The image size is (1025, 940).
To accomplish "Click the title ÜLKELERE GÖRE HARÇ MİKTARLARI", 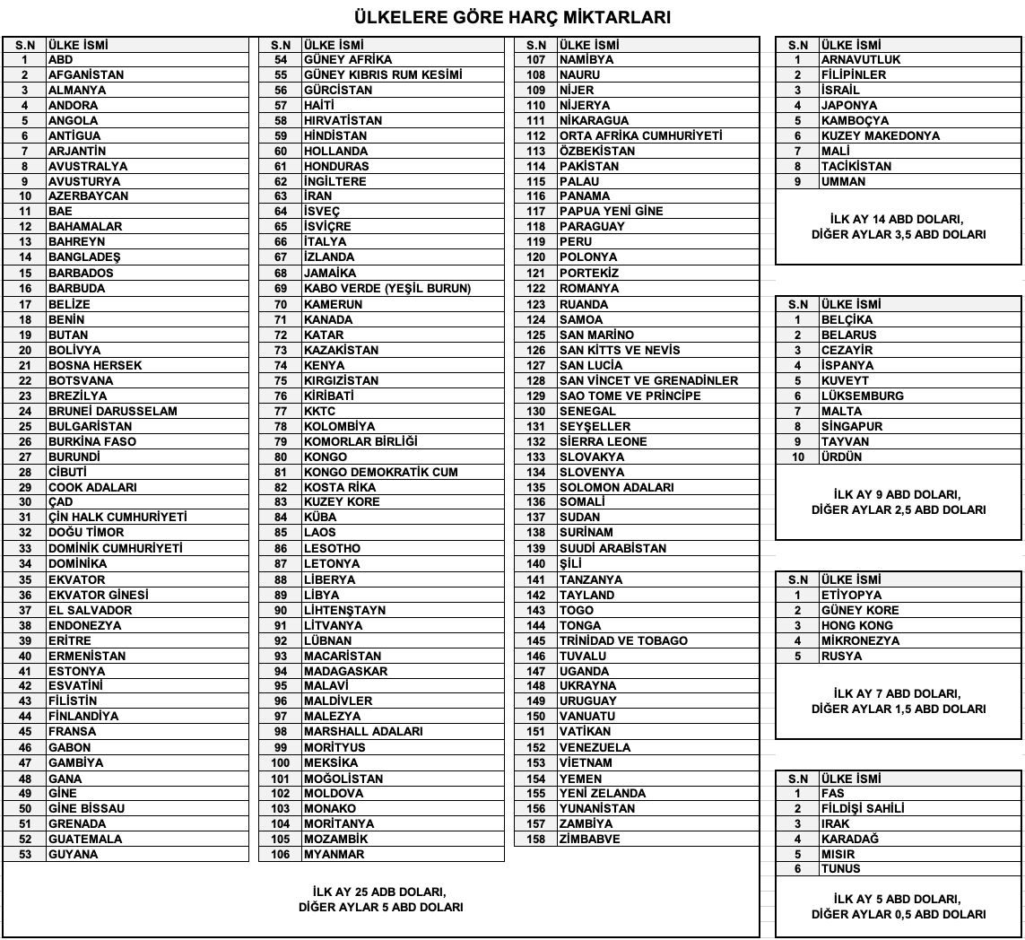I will [x=512, y=17].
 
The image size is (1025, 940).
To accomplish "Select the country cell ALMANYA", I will [x=77, y=90].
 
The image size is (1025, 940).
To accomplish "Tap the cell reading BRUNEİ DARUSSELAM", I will [x=112, y=411].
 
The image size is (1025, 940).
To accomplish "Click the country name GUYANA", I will [x=74, y=854].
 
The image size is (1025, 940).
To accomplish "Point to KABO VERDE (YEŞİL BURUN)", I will [x=387, y=288].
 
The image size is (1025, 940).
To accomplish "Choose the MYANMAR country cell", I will [x=334, y=854].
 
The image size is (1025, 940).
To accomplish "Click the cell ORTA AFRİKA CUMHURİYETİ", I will [x=640, y=135].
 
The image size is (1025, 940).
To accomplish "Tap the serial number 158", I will [x=536, y=839].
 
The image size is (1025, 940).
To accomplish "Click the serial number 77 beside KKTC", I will [x=281, y=411].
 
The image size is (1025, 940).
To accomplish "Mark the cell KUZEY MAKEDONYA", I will [x=881, y=135].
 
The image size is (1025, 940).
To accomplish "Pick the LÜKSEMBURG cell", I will [x=863, y=396].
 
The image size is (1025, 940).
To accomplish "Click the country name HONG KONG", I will [x=857, y=625].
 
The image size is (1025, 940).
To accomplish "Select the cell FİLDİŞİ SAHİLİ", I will [x=863, y=808].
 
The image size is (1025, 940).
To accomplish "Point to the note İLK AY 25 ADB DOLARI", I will [x=380, y=892].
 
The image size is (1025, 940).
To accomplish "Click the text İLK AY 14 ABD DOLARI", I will [x=898, y=219].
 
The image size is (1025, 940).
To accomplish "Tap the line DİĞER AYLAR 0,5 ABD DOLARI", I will [x=898, y=914].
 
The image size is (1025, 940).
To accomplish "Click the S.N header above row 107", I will [x=536, y=44].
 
